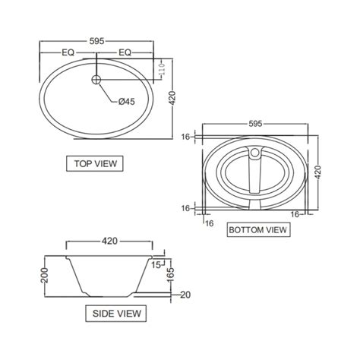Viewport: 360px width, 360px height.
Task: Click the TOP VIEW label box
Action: pyautogui.click(x=94, y=163)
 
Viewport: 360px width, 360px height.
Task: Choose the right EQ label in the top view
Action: pyautogui.click(x=124, y=52)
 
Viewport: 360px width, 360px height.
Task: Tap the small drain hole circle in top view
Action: pyautogui.click(x=96, y=79)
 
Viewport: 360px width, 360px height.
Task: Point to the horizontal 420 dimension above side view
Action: pyautogui.click(x=109, y=241)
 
